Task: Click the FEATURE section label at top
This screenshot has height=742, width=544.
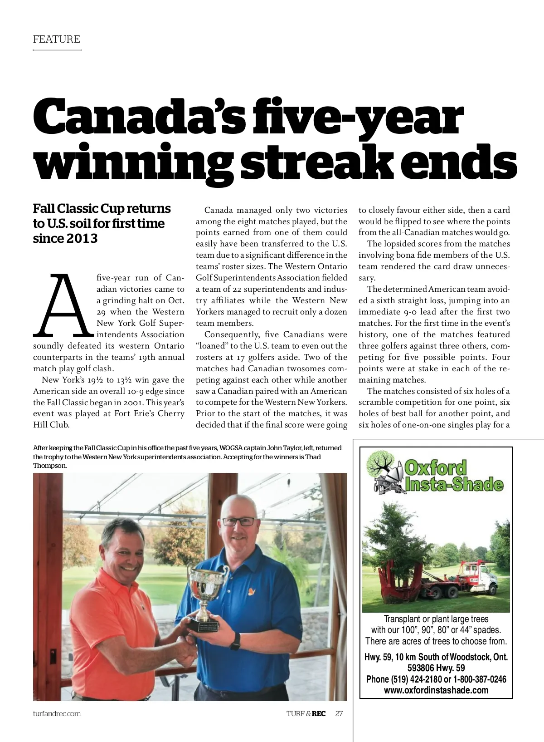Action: (x=56, y=39)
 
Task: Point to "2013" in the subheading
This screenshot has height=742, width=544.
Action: (x=83, y=238)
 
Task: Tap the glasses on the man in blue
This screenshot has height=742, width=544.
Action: (x=238, y=521)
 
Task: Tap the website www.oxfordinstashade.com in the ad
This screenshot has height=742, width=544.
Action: (x=436, y=690)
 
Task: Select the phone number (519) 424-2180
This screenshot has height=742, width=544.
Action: (x=413, y=679)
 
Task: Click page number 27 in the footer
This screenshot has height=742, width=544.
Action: (x=339, y=713)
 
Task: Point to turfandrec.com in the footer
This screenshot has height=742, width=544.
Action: (x=57, y=713)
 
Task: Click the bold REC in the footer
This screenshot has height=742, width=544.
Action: (x=319, y=713)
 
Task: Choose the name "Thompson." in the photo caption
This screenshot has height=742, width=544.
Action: (x=50, y=466)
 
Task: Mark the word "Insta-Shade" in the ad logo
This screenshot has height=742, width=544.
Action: (x=454, y=485)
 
